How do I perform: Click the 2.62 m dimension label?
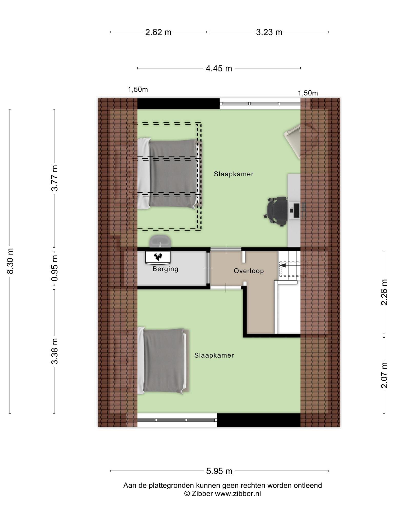click(158, 32)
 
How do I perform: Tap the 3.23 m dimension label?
click(269, 32)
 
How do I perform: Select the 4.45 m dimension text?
click(219, 68)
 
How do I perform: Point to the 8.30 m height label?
click(10, 261)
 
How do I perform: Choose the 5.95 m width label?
click(219, 471)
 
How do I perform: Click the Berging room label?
click(165, 269)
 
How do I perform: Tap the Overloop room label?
click(249, 271)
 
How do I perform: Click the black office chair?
click(276, 211)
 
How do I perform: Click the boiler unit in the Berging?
click(158, 257)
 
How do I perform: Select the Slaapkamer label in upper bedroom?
click(233, 174)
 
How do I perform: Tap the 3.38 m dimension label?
click(54, 351)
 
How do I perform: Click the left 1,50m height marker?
click(138, 89)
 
